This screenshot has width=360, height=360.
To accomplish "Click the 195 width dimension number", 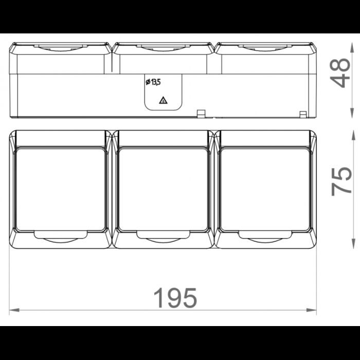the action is [175, 298].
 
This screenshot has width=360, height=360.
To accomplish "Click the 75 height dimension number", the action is [341, 182].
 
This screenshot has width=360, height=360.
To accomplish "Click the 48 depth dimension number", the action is [340, 73].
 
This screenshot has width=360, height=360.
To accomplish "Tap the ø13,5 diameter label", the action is [153, 82].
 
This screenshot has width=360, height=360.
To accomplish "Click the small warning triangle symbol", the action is [163, 100].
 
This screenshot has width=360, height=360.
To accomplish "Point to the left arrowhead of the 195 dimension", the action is [14, 310].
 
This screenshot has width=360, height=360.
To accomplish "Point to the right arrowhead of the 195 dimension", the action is [311, 310].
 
